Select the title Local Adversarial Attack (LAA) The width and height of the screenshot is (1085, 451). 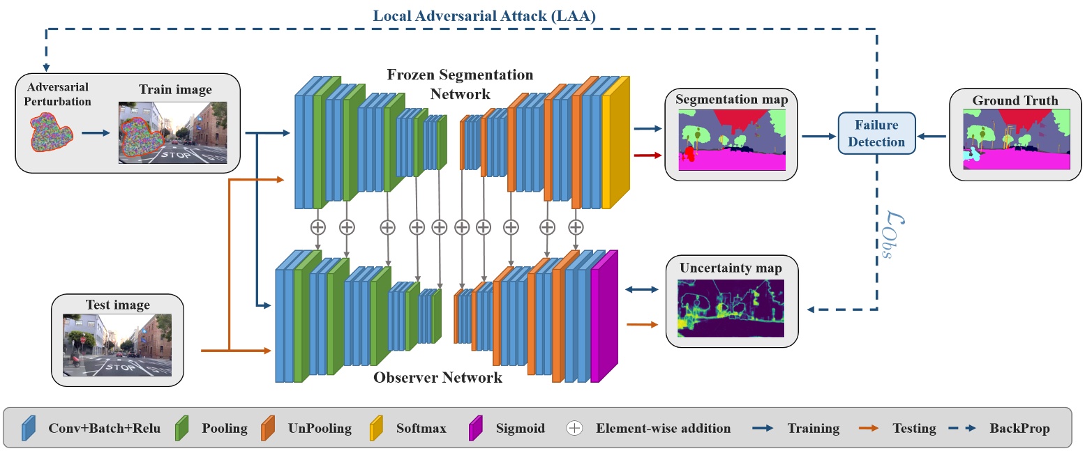(x=484, y=15)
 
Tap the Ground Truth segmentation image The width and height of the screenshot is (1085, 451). (x=1015, y=139)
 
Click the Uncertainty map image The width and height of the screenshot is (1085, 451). (x=731, y=308)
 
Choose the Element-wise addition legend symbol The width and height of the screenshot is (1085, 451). (x=574, y=428)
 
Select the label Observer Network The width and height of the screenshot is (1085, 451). (x=437, y=378)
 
